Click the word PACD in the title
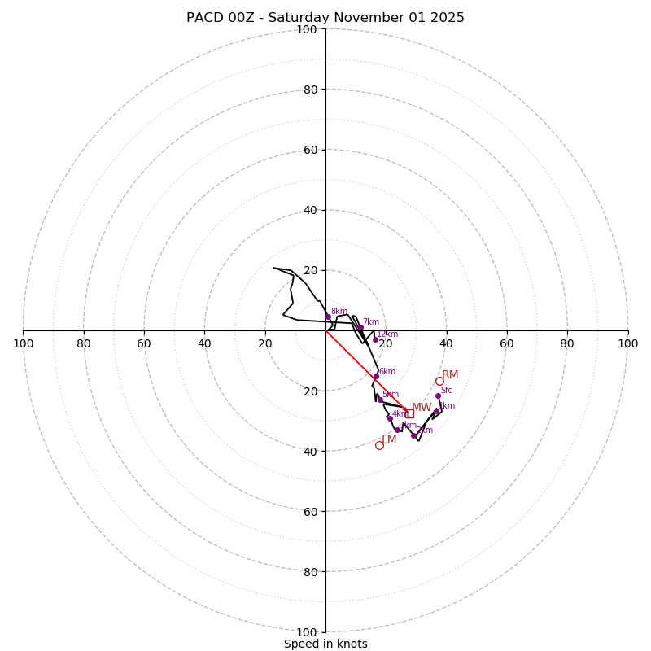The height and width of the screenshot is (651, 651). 204,18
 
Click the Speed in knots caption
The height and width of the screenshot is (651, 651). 325,644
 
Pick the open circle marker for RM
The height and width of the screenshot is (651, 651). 439,381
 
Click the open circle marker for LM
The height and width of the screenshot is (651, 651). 379,445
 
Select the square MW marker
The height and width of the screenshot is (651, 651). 409,413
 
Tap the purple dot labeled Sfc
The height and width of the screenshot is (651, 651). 438,396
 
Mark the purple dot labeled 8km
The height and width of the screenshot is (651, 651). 328,317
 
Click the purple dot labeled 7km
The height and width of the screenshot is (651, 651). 360,328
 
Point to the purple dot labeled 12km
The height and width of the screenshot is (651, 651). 375,339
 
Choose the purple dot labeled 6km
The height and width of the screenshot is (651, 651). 376,376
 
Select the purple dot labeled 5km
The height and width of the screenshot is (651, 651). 380,400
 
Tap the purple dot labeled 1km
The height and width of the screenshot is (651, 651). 437,411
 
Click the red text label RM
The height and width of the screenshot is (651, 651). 450,375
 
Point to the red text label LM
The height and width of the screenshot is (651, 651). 389,440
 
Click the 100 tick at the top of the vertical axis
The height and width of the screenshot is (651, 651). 307,29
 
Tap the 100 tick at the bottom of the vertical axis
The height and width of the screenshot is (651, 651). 307,632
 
